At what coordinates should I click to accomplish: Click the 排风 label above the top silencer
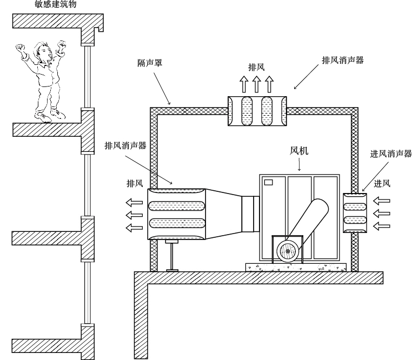pos(257,68)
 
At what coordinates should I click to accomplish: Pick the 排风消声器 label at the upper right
pos(342,61)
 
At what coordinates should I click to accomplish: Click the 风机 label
pos(300,152)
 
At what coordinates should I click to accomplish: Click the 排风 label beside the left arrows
pos(135,184)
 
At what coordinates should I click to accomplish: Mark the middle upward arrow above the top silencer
pos(257,84)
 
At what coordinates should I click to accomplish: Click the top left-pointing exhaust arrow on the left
pos(134,203)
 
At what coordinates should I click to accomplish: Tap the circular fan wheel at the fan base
pos(288,251)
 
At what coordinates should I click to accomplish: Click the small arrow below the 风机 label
pos(300,166)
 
